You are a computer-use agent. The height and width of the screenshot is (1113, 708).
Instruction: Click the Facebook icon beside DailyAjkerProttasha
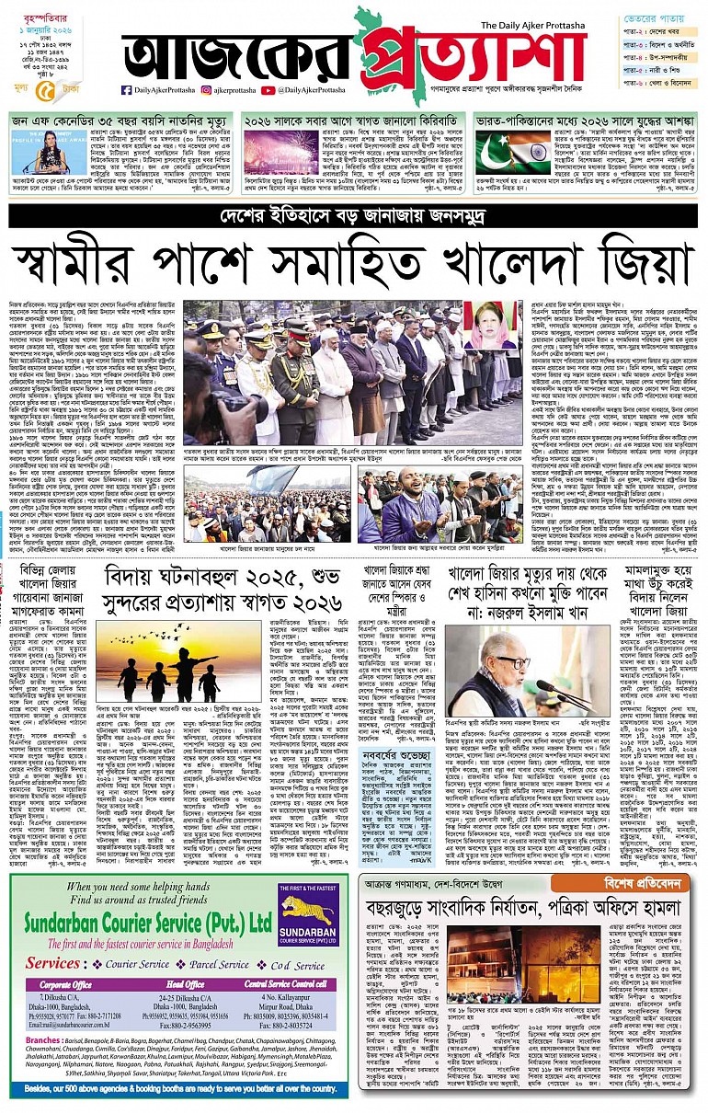[x=126, y=90]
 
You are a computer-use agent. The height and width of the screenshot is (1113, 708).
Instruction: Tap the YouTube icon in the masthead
[x=268, y=90]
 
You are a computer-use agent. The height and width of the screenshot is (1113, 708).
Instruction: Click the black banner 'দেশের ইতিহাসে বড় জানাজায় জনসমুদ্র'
[x=354, y=216]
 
